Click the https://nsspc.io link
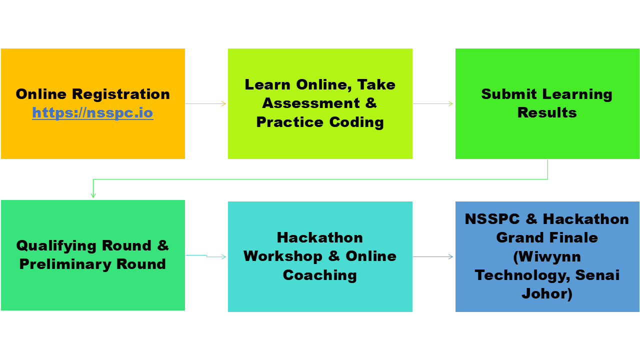[92, 113]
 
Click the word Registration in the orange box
[121, 94]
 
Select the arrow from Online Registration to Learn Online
[205, 103]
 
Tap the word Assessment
[311, 103]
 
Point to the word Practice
[289, 122]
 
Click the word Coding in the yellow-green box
[356, 122]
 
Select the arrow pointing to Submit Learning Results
[433, 103]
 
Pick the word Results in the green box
[547, 112]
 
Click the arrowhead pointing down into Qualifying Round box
[93, 195]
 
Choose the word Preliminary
[65, 265]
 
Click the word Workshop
[283, 256]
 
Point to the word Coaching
[319, 275]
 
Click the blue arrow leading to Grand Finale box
[433, 257]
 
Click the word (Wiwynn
[547, 257]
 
